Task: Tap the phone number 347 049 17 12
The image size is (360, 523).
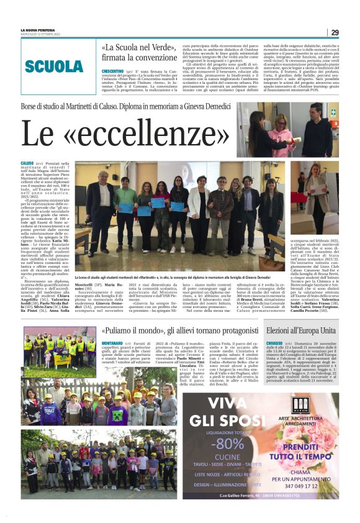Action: tap(308, 487)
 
